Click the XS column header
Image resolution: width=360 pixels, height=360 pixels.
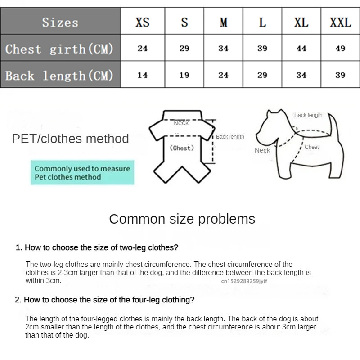click(143, 22)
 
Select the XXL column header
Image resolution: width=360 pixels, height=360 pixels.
click(340, 22)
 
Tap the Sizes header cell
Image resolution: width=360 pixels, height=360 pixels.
click(60, 22)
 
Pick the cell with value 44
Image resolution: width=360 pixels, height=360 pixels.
click(301, 49)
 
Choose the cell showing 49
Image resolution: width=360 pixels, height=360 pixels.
click(340, 49)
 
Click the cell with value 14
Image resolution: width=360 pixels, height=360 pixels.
click(143, 75)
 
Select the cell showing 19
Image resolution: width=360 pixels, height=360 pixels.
click(184, 75)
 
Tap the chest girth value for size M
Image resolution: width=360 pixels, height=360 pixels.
click(224, 49)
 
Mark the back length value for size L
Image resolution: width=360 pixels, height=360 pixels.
click(262, 75)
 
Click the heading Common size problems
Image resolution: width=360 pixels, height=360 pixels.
click(182, 219)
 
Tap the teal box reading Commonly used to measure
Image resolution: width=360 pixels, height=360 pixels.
click(82, 173)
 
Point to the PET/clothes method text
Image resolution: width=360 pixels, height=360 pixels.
click(70, 139)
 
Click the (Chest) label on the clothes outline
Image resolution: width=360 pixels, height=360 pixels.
click(182, 148)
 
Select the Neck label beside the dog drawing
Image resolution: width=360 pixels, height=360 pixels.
click(262, 150)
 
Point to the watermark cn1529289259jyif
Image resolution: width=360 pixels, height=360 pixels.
click(244, 281)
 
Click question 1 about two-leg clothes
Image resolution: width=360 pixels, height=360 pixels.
click(97, 247)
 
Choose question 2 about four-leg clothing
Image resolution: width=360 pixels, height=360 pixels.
click(105, 300)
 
